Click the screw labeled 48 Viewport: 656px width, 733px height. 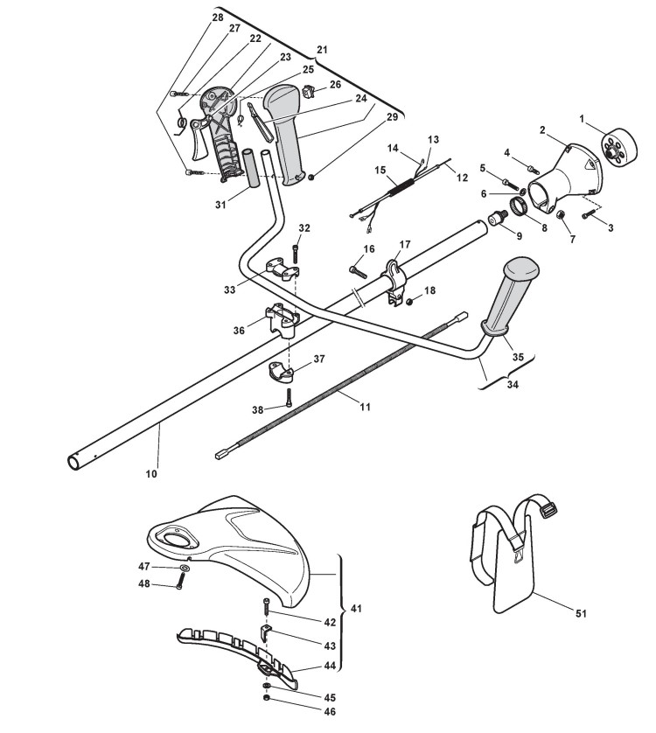178,586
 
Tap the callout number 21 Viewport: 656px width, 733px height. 323,50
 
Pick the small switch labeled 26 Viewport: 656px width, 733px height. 309,89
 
